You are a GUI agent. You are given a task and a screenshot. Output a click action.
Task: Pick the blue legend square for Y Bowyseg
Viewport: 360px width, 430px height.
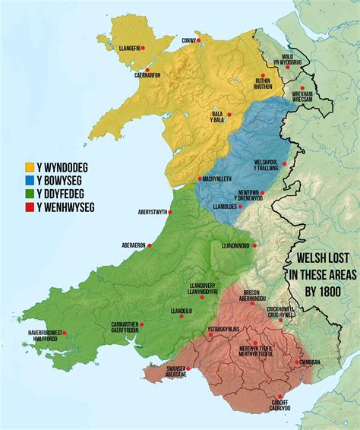click(30, 180)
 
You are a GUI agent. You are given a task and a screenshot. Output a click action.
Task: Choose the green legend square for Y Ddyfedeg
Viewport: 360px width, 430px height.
click(30, 194)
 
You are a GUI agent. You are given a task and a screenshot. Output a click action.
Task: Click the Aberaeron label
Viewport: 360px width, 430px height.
click(133, 245)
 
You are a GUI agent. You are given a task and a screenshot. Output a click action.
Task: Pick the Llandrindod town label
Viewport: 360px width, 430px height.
click(235, 246)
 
